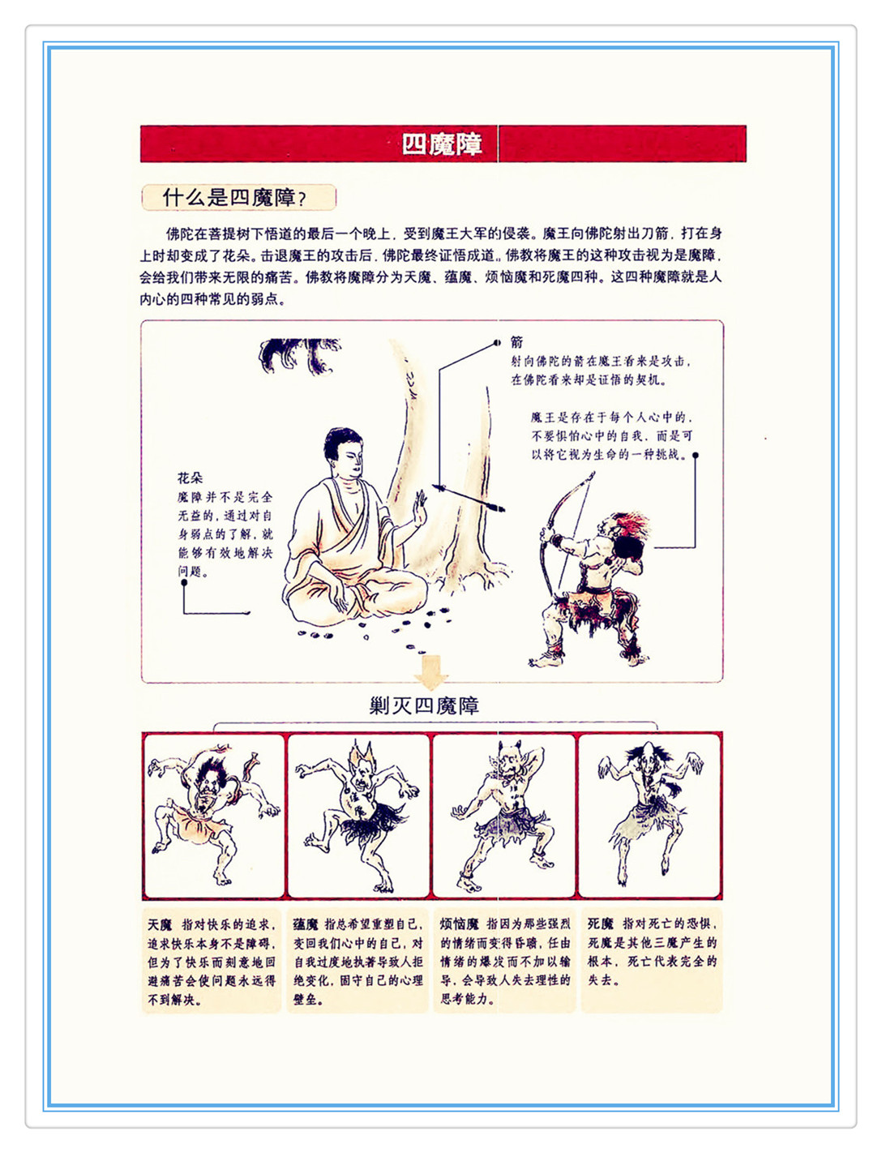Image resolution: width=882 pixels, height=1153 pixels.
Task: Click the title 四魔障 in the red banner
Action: [x=442, y=144]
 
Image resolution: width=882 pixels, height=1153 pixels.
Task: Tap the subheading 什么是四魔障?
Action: [x=234, y=198]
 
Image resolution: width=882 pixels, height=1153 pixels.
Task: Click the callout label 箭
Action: [x=516, y=342]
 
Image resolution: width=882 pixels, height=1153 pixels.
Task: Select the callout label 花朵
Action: [x=190, y=478]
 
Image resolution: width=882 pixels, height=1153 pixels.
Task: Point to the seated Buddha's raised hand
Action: [x=419, y=508]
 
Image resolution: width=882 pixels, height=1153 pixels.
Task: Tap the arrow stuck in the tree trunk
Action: [x=469, y=498]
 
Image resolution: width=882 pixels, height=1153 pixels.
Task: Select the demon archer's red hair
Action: [x=632, y=525]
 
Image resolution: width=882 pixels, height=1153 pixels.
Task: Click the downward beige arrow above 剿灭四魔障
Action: [x=431, y=672]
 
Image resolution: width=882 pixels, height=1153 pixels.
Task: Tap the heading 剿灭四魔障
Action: [x=424, y=706]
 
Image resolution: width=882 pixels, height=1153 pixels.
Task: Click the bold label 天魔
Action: [x=159, y=925]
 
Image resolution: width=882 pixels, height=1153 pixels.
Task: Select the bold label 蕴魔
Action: [x=306, y=924]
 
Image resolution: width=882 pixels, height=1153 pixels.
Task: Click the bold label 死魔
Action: [x=600, y=924]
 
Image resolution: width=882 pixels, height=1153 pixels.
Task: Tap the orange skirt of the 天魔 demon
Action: [x=197, y=824]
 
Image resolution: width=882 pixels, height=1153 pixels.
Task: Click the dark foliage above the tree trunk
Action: [x=298, y=355]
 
